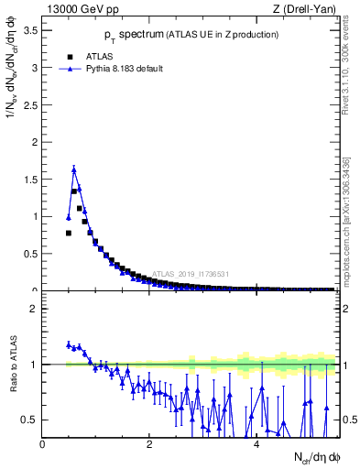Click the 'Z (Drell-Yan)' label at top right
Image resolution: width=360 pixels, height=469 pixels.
(x=305, y=10)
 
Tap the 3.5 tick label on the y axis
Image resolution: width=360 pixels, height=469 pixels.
(x=29, y=31)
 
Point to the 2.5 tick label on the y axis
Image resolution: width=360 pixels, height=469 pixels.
(x=29, y=105)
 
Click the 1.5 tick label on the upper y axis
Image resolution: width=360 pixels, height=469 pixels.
(x=29, y=180)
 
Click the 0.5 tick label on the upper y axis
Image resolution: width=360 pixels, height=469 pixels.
(x=29, y=254)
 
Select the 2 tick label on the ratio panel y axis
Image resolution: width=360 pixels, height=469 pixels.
(x=34, y=309)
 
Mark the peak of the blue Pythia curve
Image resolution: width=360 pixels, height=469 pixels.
(x=74, y=169)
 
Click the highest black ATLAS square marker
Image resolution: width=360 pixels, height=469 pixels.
(x=74, y=191)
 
